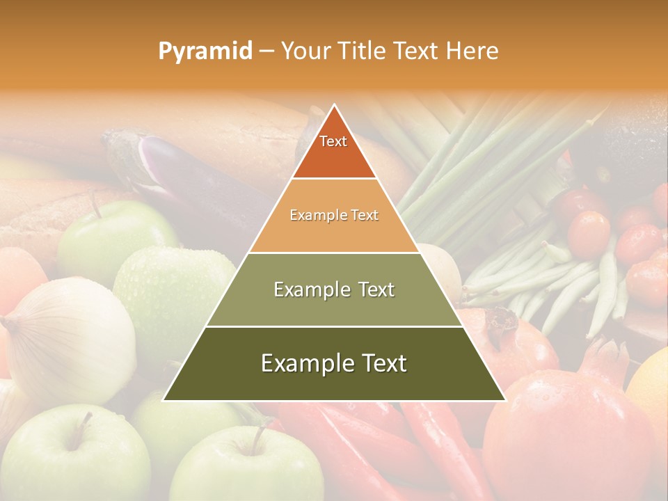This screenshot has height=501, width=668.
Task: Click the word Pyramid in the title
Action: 205,51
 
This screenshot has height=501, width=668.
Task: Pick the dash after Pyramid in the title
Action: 266,51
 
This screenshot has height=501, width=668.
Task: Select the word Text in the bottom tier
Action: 383,363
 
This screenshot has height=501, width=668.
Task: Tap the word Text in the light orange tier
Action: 365,215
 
